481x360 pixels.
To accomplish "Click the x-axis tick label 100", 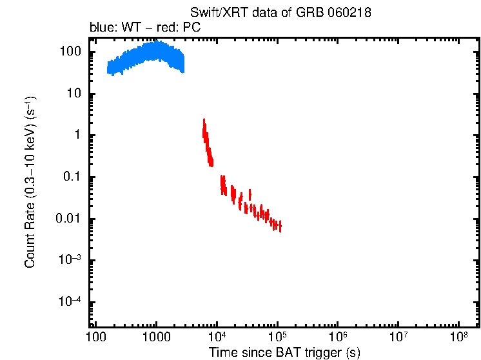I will coord(95,337).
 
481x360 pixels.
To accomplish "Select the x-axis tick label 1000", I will coord(155,337).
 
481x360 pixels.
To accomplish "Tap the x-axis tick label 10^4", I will coord(217,337).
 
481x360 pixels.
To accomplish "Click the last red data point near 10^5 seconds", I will coord(280,226).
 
